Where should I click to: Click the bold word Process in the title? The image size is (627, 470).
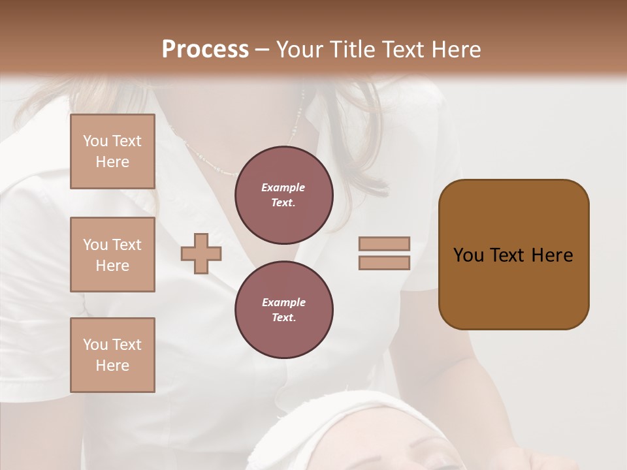click(205, 50)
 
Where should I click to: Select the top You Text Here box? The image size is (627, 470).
click(112, 151)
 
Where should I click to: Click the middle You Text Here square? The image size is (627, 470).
click(112, 255)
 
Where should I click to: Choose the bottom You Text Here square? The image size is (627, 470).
click(112, 355)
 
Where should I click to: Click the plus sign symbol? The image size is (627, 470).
click(201, 253)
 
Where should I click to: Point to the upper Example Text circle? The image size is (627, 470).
click(283, 195)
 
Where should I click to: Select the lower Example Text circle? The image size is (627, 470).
click(283, 310)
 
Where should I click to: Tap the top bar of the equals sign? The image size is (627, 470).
click(384, 243)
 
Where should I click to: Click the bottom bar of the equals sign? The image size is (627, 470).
click(384, 263)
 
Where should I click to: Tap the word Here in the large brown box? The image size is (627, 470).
click(552, 255)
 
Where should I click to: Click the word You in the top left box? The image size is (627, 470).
click(95, 141)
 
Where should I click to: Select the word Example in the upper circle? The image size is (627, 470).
click(283, 187)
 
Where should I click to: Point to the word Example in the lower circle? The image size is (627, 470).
click(283, 302)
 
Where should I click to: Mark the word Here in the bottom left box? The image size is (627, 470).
click(112, 366)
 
